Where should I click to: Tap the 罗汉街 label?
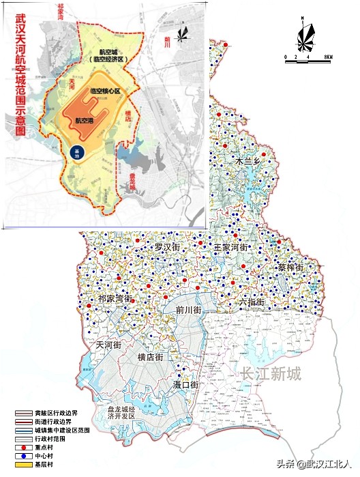point(168,246)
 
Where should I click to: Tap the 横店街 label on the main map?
point(150,357)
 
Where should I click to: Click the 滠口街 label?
point(184,386)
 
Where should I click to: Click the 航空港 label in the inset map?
point(85,120)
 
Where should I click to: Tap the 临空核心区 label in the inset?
point(104,91)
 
